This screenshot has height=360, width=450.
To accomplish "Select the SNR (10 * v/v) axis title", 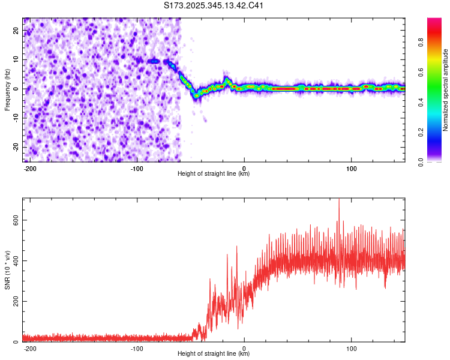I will coord(7,269).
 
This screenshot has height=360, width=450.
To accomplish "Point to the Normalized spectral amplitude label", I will coord(446,90).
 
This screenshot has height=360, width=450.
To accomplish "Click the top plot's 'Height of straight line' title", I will coord(214,174).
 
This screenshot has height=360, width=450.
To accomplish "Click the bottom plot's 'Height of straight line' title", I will coord(214,354).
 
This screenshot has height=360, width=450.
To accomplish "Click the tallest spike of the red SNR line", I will coord(339,200).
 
